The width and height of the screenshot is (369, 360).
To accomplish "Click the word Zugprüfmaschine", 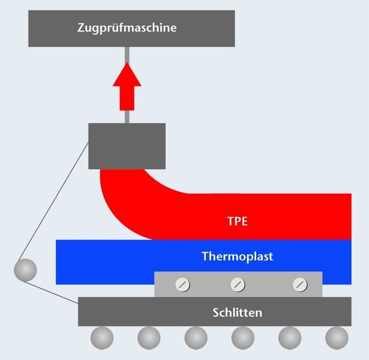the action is click(x=127, y=28).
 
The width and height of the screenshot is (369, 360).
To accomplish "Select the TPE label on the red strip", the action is click(x=238, y=221).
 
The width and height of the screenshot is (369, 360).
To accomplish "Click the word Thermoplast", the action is click(x=238, y=256).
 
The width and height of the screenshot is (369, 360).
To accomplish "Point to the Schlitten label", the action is click(x=237, y=313).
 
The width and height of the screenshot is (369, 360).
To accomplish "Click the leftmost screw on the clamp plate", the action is click(x=182, y=285).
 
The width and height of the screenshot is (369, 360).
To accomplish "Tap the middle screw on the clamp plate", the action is click(x=238, y=285).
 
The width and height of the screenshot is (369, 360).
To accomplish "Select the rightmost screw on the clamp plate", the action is click(x=300, y=285).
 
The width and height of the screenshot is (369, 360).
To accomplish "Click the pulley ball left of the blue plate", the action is click(x=25, y=270).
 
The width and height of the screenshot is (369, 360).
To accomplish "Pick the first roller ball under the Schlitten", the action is click(x=102, y=338).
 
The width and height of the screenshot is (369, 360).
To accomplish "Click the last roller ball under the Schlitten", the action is click(x=337, y=338).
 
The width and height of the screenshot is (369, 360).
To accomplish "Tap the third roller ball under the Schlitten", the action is click(x=196, y=338).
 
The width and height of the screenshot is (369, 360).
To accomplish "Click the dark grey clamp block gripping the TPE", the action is click(x=127, y=146).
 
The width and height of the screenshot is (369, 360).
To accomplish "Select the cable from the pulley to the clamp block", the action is click(x=54, y=201).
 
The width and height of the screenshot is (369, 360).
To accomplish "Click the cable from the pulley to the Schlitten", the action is click(x=50, y=292).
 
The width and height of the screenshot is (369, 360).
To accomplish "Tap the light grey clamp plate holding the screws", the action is click(x=238, y=284).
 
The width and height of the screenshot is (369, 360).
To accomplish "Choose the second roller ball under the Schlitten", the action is click(x=149, y=338).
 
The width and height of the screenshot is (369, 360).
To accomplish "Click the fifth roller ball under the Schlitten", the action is click(x=290, y=338).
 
